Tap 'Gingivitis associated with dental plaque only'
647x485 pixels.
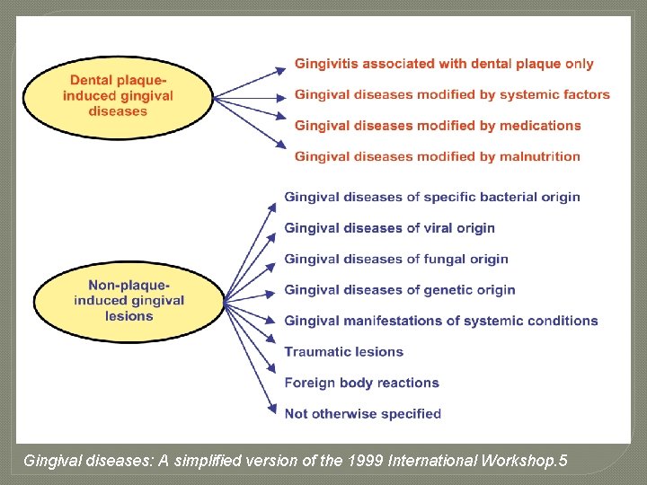pyautogui.click(x=444, y=64)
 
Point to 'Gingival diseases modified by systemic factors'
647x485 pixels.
pyautogui.click(x=452, y=94)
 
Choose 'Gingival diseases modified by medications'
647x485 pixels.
pyautogui.click(x=438, y=126)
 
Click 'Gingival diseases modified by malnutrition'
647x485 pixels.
pyautogui.click(x=438, y=156)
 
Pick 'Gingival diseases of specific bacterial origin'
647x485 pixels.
pyautogui.click(x=432, y=197)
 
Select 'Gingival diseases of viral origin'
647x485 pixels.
pyautogui.click(x=389, y=228)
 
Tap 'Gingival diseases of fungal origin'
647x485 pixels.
pyautogui.click(x=396, y=259)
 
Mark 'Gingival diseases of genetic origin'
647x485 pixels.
pyautogui.click(x=400, y=290)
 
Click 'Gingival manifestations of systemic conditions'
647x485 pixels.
pyautogui.click(x=441, y=321)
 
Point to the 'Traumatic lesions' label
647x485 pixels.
pyautogui.click(x=343, y=352)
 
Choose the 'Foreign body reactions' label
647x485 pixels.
pyautogui.click(x=361, y=383)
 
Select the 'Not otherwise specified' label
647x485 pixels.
pyautogui.click(x=362, y=414)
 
